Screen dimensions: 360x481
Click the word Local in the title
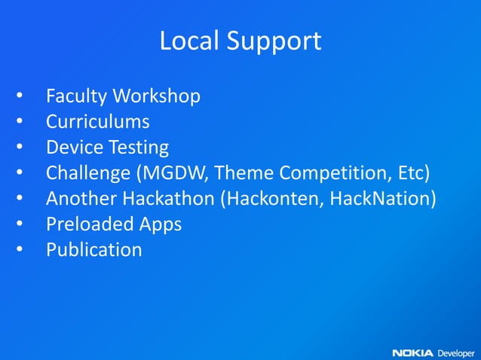[x=185, y=41]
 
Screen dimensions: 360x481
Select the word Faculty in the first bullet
[x=76, y=97]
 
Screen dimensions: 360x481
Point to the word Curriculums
[x=97, y=122]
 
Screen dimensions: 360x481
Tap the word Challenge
[x=87, y=174]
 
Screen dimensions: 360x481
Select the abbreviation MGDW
[x=174, y=174]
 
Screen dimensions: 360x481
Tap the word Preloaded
[x=89, y=224]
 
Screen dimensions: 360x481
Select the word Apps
[x=160, y=225]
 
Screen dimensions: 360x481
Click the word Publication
[x=93, y=250]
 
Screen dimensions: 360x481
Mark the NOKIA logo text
[x=412, y=352]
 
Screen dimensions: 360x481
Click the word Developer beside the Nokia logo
[x=456, y=352]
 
